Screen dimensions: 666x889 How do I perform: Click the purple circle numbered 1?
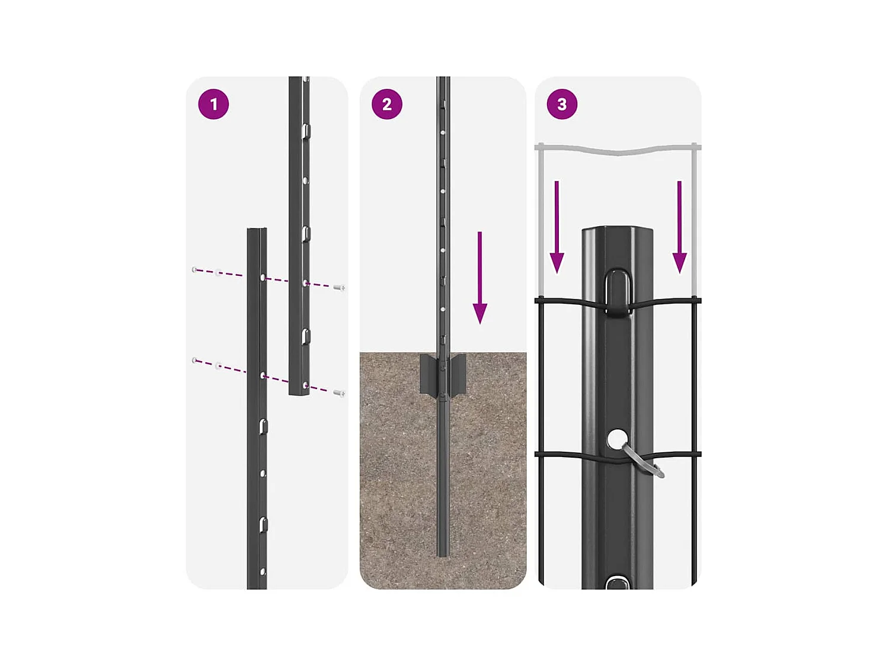click(213, 104)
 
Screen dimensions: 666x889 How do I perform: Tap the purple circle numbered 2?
click(387, 104)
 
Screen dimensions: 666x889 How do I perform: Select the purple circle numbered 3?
click(562, 104)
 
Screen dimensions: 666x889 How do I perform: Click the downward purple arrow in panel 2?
click(480, 278)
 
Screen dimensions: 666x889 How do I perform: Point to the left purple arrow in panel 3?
click(557, 228)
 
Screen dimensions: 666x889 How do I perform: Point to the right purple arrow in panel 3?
click(680, 228)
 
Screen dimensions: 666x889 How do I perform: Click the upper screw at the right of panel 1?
click(340, 288)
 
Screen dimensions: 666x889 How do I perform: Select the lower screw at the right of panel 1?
click(340, 392)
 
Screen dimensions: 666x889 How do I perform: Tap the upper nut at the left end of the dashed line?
click(194, 270)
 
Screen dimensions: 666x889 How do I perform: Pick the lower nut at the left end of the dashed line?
click(194, 360)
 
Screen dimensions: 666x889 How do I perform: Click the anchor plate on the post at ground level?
click(442, 375)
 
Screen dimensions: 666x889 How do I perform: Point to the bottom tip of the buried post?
click(442, 554)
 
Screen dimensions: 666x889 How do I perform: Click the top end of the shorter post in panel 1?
click(257, 230)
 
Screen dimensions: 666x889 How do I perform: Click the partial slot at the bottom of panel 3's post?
click(617, 583)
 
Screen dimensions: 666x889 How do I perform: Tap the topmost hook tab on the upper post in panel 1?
click(305, 131)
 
